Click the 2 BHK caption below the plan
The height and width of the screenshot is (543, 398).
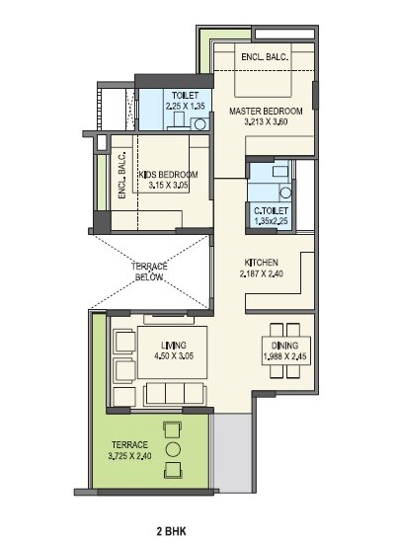tap(198, 530)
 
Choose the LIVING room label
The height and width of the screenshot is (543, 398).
tap(159, 345)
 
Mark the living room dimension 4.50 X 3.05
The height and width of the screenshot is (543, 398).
tap(159, 355)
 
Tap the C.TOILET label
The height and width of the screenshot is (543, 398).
tap(269, 210)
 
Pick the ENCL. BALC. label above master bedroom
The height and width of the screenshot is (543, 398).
tap(265, 57)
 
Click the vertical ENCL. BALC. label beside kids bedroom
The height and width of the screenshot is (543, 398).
tap(121, 177)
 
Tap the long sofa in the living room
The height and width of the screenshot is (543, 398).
tap(175, 395)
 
